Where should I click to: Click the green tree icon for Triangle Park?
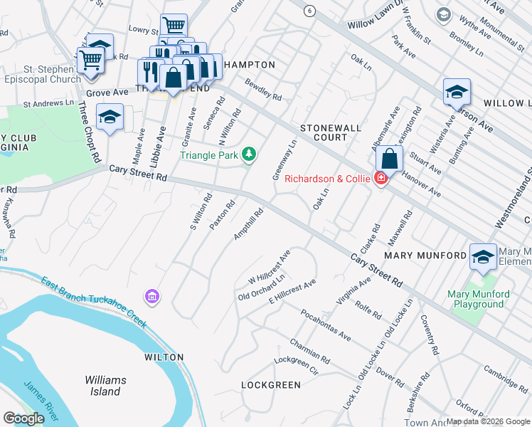click(x=248, y=154)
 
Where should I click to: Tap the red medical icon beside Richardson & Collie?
click(x=381, y=178)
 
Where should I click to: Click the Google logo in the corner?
click(x=23, y=418)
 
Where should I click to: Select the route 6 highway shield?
click(x=309, y=11)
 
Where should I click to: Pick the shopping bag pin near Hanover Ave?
click(x=389, y=159)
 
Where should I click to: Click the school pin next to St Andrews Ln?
click(x=110, y=117)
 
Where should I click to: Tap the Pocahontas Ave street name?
click(x=326, y=325)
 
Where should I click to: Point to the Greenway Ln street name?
click(x=284, y=160)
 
